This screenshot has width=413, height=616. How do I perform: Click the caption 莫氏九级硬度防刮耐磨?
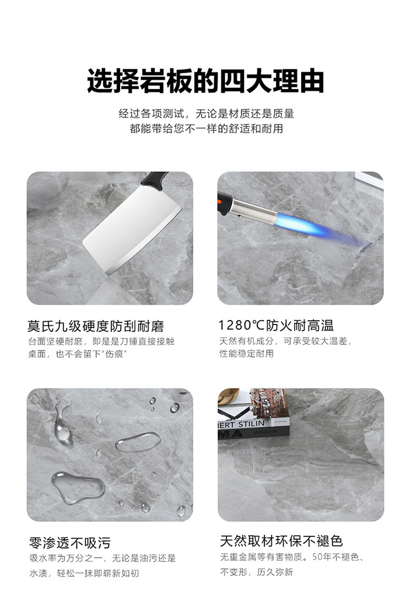click(x=96, y=326)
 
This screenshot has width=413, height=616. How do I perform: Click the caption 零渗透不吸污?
click(x=69, y=543)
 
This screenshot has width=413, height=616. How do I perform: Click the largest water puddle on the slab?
click(x=78, y=486)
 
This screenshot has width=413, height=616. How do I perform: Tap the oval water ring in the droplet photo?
click(x=138, y=441)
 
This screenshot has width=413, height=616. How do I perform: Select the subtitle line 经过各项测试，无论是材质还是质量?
click(x=206, y=114)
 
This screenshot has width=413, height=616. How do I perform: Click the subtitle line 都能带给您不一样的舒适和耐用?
click(x=206, y=129)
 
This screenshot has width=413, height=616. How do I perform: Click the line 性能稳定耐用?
click(x=246, y=354)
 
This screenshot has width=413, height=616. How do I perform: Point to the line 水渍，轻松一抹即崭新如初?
click(x=84, y=573)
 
